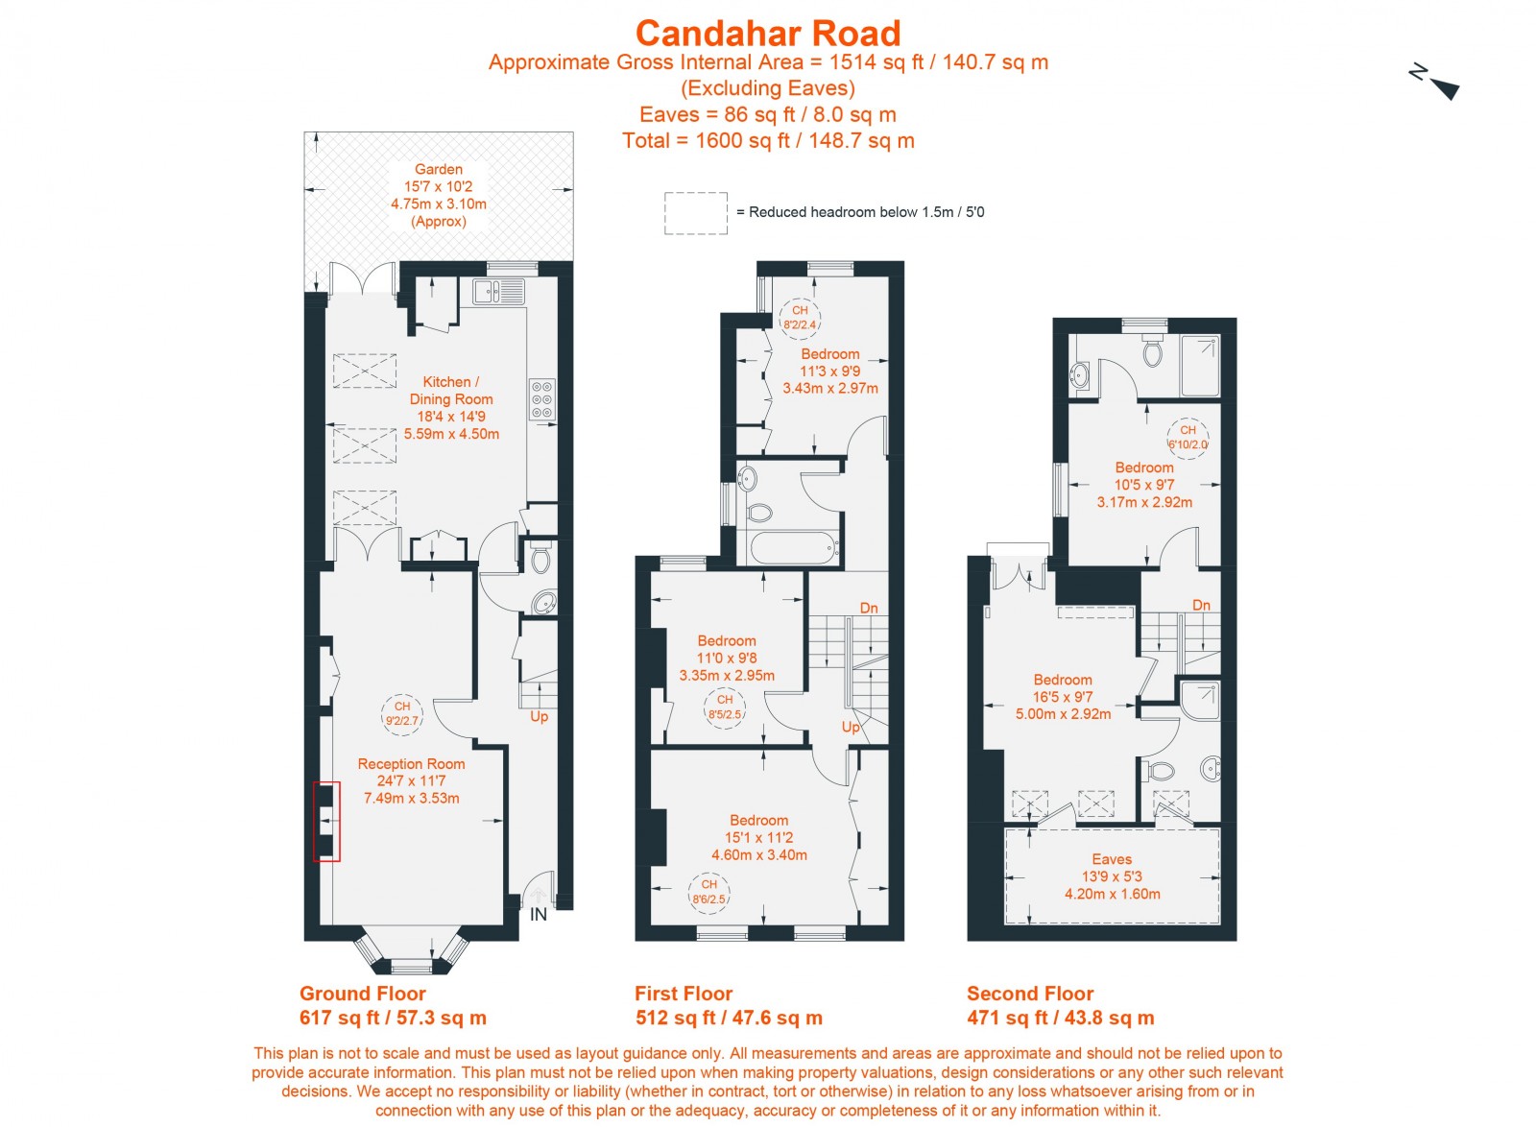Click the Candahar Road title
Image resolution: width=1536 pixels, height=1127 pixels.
point(768,34)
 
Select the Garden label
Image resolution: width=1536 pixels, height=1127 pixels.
point(439,170)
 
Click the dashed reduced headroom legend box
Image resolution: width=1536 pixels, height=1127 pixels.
point(695,213)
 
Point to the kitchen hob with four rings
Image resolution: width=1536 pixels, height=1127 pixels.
point(541,399)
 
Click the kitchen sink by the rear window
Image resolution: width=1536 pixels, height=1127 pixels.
point(498,291)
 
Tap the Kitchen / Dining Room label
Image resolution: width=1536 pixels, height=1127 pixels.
point(450,391)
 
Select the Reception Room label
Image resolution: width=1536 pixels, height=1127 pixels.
point(411,764)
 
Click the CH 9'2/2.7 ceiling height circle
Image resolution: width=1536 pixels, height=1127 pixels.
point(402,713)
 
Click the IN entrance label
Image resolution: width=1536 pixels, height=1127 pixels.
point(539,915)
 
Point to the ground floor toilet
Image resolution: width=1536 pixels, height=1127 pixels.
point(540,559)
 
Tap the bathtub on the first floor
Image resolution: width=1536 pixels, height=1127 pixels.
point(793,549)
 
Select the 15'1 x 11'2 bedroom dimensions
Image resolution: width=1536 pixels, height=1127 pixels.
point(758,837)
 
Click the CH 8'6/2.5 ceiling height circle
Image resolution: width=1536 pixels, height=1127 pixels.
point(708,892)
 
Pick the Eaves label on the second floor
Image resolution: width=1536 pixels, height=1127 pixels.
point(1112,859)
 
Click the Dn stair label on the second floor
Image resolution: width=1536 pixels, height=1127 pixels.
point(1201,605)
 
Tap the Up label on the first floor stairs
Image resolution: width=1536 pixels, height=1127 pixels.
point(851,727)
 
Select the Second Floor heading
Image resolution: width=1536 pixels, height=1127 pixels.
point(1030,994)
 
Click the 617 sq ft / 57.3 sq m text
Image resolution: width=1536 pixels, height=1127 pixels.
point(393,1018)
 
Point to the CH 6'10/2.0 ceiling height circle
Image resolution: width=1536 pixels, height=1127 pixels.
point(1188,438)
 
